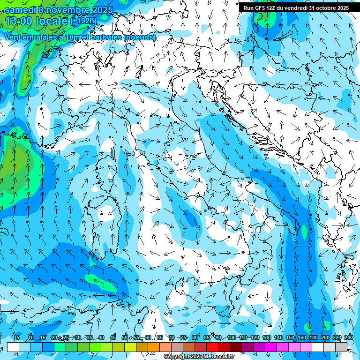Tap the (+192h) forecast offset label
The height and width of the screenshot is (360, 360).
(83, 21)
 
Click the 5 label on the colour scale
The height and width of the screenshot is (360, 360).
(17, 338)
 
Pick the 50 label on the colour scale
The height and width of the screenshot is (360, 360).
(125, 338)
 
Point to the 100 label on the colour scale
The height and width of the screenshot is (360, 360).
(231, 338)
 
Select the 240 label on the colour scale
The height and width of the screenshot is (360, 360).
(348, 338)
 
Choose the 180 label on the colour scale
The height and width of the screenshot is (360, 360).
(313, 338)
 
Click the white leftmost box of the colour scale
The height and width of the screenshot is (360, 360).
(13, 347)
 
